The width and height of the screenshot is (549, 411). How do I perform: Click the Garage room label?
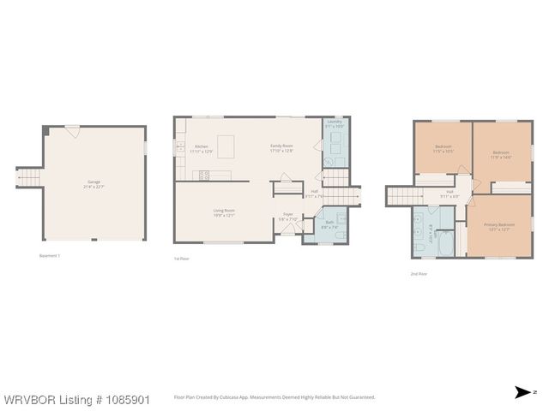(94, 182)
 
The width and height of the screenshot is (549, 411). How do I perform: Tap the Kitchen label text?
(202, 146)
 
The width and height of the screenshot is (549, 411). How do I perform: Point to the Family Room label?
(282, 146)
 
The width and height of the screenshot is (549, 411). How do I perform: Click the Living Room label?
(224, 211)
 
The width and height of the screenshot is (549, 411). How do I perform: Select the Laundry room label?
(335, 122)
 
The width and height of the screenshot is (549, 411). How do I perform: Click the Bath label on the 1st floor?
(329, 223)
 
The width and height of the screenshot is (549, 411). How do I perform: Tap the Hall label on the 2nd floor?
(449, 192)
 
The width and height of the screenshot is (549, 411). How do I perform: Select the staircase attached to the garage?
(30, 177)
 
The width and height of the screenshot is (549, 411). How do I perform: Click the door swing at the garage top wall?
(72, 132)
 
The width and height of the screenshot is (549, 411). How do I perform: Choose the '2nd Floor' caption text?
(418, 274)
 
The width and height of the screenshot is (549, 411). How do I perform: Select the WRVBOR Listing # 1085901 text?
(76, 399)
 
